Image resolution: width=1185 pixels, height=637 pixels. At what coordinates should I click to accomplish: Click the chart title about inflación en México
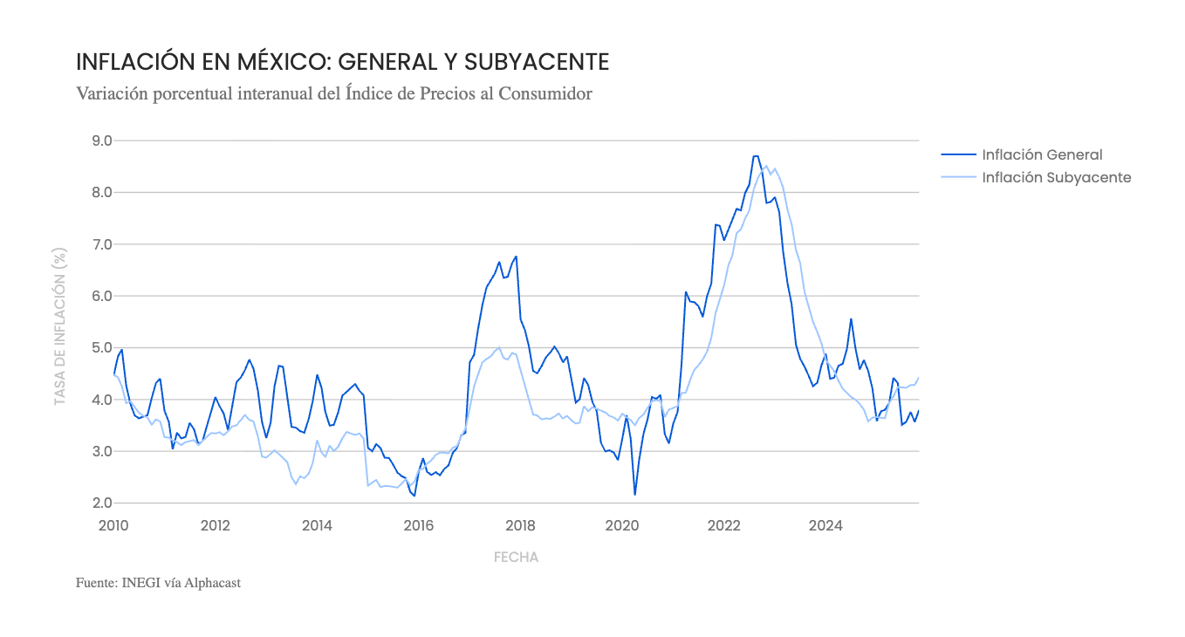point(342,62)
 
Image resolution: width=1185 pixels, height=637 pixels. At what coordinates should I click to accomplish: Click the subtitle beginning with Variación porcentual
point(334,93)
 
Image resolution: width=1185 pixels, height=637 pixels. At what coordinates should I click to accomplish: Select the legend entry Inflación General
point(1042,154)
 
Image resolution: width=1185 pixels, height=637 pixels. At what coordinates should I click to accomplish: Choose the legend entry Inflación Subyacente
point(1056,177)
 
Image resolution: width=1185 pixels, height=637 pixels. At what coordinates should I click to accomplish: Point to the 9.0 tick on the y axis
point(101,140)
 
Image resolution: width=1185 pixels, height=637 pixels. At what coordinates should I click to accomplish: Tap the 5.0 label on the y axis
point(101,347)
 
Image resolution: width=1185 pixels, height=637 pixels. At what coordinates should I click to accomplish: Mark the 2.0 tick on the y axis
point(101,503)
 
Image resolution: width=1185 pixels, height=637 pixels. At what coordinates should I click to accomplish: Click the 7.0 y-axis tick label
point(101,244)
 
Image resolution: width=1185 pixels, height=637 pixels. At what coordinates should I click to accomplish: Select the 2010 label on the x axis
point(113,525)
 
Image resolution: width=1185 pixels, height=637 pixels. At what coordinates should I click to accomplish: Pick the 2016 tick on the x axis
point(419,525)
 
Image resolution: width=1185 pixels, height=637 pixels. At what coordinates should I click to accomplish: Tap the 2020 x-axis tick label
point(622,525)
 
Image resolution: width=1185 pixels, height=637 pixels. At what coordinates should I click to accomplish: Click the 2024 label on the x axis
point(825,525)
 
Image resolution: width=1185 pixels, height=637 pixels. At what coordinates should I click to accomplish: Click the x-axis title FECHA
point(516,557)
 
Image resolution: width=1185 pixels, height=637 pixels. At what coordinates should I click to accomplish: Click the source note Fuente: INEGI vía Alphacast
point(158,582)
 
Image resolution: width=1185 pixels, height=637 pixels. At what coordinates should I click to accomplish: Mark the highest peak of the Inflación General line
point(755,156)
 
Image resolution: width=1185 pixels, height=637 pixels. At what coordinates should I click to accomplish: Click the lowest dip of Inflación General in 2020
point(634,495)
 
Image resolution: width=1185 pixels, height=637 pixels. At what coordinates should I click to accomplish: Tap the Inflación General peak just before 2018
point(516,257)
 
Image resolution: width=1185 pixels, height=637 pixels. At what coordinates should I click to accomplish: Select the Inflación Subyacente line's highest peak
point(766,166)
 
